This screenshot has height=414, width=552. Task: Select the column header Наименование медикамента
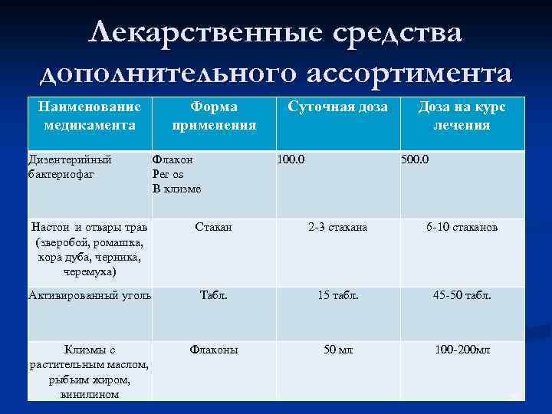click(x=90, y=116)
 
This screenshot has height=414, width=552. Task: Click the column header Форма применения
click(x=214, y=116)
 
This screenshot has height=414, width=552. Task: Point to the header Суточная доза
click(x=337, y=107)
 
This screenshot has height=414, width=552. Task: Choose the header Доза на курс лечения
click(x=461, y=116)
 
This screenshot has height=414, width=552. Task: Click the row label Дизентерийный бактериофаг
click(x=70, y=167)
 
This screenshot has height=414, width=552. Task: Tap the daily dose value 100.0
click(x=292, y=160)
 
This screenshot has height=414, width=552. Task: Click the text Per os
click(x=168, y=174)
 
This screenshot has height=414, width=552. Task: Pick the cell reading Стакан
click(x=214, y=228)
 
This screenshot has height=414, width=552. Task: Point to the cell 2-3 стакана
click(x=337, y=228)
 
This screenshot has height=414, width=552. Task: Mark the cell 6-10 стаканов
click(x=462, y=228)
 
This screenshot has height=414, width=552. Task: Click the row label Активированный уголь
click(x=90, y=295)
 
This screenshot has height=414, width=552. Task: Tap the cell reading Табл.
click(x=214, y=295)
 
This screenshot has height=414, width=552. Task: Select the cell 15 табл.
click(x=337, y=295)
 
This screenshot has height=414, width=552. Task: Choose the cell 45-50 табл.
click(x=462, y=295)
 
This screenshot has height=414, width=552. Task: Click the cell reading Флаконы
click(x=214, y=350)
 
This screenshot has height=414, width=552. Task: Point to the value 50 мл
click(x=337, y=350)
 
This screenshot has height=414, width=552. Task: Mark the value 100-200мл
click(x=462, y=350)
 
